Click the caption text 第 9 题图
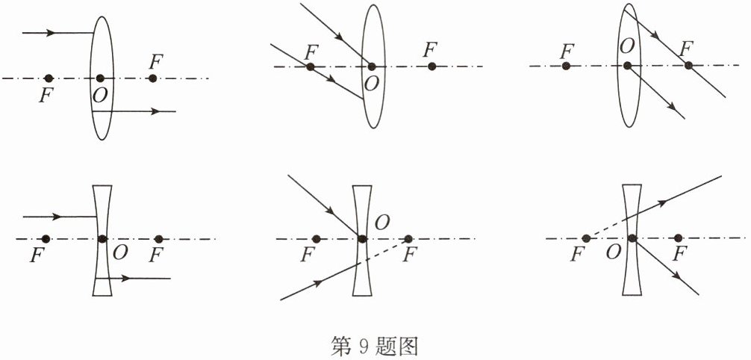coord(375,345)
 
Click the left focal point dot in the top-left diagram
coord(49,78)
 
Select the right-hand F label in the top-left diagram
coord(155,60)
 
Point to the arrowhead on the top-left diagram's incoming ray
coord(50,33)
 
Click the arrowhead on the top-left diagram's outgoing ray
coord(155,111)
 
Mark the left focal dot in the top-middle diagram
coord(311,66)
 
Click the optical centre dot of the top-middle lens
coord(372,66)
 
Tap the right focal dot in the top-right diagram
coord(688,66)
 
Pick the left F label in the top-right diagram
coord(567,50)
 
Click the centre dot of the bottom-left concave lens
coord(102,238)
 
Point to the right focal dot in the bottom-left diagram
coord(158,238)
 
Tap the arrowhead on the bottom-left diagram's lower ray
coord(127,278)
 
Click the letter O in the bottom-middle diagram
coord(381,222)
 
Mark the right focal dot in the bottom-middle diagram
coord(408,239)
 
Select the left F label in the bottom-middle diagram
coord(305,256)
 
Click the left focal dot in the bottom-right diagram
coord(586,238)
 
